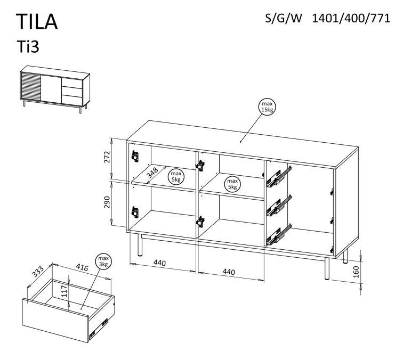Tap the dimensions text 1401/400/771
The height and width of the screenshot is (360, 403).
point(348,18)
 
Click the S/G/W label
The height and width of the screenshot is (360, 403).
point(283,18)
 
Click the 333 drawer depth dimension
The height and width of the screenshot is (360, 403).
point(38,272)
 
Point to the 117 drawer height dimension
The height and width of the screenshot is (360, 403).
point(64,291)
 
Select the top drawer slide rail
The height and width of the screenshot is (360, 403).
point(279,175)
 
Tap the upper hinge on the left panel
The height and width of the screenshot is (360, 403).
point(134,156)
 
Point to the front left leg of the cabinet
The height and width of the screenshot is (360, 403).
point(140,246)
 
